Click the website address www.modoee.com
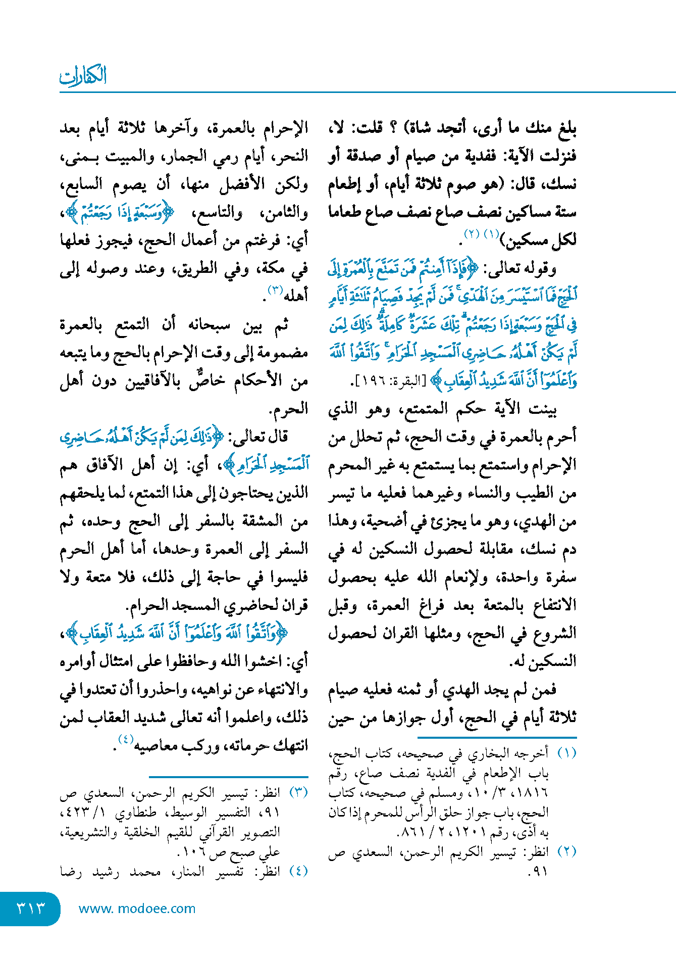137,909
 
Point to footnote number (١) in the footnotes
566,753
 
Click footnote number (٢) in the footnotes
566,851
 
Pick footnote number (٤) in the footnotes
298,871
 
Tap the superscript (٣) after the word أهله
275,291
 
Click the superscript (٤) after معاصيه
125,740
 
